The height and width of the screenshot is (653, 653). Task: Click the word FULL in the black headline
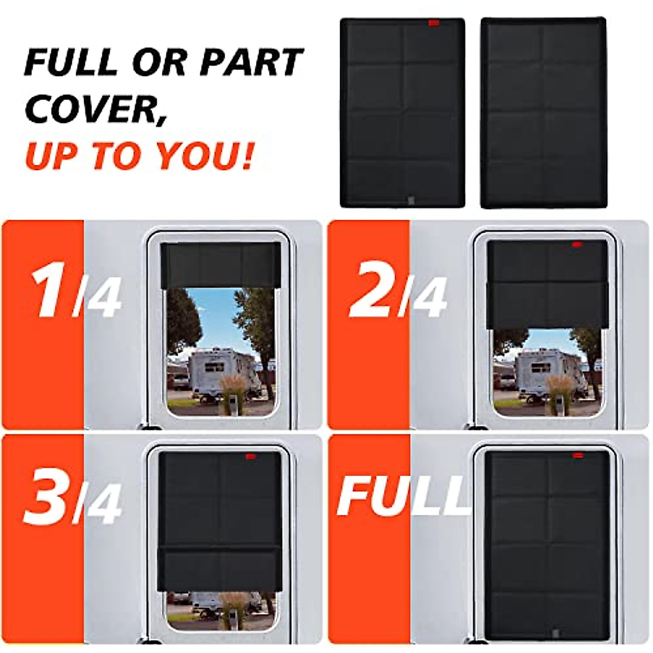pyautogui.click(x=71, y=62)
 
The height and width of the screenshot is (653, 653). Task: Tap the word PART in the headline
pyautogui.click(x=251, y=62)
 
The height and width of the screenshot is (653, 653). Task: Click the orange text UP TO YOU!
pyautogui.click(x=139, y=156)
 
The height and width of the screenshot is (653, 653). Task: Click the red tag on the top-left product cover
pyautogui.click(x=434, y=23)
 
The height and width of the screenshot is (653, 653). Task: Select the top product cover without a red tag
pyautogui.click(x=543, y=113)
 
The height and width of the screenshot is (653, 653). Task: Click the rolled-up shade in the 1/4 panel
pyautogui.click(x=221, y=265)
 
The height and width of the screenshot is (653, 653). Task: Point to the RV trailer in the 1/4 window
pyautogui.click(x=218, y=373)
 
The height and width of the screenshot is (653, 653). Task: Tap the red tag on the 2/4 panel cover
pyautogui.click(x=576, y=245)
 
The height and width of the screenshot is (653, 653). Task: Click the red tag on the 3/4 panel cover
pyautogui.click(x=250, y=456)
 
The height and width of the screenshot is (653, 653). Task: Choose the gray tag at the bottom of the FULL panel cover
pyautogui.click(x=555, y=633)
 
